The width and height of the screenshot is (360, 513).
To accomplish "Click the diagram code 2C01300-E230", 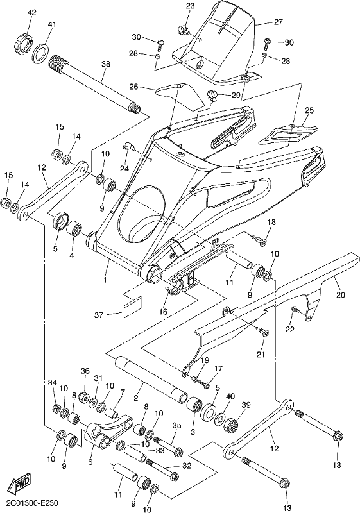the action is point(30,502).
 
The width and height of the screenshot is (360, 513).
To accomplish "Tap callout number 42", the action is point(31,13).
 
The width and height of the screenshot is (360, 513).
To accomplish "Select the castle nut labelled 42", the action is point(22,42).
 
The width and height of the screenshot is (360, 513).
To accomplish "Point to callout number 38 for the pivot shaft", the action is point(106,65).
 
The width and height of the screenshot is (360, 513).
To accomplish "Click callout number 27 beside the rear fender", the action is point(279,22).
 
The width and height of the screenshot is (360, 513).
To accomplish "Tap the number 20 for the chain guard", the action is point(341,295).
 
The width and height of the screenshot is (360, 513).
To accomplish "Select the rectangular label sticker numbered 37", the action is point(133,307).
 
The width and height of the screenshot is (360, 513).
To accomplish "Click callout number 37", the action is point(99,315).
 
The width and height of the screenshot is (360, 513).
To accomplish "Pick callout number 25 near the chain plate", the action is point(309,110).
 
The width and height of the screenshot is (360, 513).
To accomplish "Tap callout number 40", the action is point(230,396).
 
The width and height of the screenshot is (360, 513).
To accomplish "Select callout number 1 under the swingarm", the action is point(105,271).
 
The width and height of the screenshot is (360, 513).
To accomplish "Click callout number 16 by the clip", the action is point(163,312).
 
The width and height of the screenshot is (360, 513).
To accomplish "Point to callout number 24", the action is point(124,169).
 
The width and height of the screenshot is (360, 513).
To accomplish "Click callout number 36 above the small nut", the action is point(85,371).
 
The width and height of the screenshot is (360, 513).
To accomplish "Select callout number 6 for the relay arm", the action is point(90,462).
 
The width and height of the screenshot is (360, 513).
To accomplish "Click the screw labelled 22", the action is point(296,310).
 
